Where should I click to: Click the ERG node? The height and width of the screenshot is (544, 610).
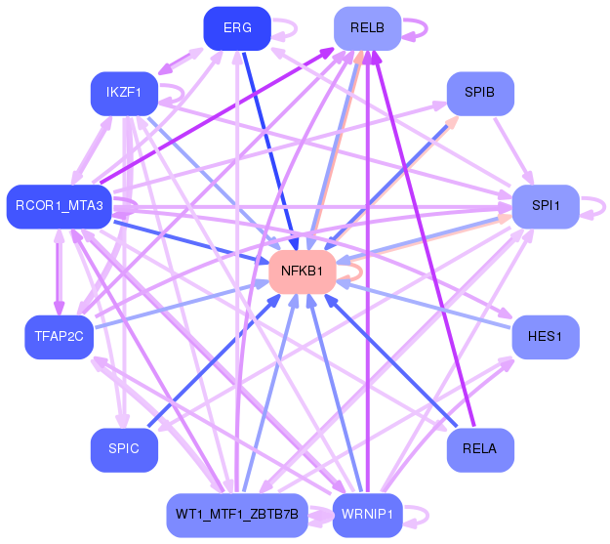pyautogui.click(x=236, y=27)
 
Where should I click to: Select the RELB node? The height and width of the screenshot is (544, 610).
pyautogui.click(x=367, y=28)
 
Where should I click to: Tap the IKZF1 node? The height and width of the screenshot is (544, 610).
pyautogui.click(x=124, y=93)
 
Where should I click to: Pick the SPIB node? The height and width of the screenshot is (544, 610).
pyautogui.click(x=479, y=93)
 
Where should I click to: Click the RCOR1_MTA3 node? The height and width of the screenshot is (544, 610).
pyautogui.click(x=60, y=205)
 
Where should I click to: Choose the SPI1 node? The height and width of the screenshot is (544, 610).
pyautogui.click(x=545, y=206)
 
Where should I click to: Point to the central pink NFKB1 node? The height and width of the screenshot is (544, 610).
pyautogui.click(x=307, y=270)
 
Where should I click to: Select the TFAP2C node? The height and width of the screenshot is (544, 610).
pyautogui.click(x=59, y=336)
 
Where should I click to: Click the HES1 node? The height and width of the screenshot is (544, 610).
pyautogui.click(x=545, y=336)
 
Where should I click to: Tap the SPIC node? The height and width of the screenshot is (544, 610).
pyautogui.click(x=124, y=449)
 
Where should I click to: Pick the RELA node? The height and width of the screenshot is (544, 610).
pyautogui.click(x=479, y=449)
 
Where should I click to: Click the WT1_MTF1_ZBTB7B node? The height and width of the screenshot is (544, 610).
pyautogui.click(x=237, y=513)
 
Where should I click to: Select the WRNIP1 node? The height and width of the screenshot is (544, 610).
pyautogui.click(x=367, y=514)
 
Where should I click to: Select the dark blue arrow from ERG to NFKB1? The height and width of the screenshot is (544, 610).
pyautogui.click(x=273, y=147)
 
